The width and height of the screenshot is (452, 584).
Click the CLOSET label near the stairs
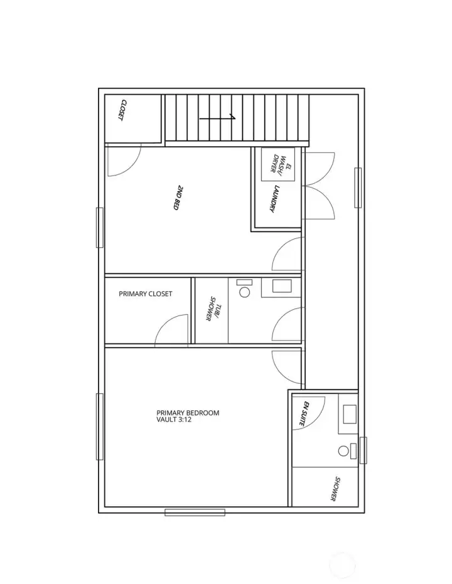point(122,110)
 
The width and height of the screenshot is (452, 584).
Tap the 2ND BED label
point(178,198)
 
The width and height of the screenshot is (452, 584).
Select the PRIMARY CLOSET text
point(145,294)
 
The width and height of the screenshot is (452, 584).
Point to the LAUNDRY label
point(274,198)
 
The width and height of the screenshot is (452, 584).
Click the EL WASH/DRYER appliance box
point(278,164)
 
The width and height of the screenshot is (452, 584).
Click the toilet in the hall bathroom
point(244,289)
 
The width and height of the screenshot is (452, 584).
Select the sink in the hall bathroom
point(282,286)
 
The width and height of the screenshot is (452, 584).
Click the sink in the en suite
point(349,415)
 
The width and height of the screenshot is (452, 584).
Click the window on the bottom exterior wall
point(195,512)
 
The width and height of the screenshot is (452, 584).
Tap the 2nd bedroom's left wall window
point(100,228)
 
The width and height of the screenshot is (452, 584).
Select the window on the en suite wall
point(363,450)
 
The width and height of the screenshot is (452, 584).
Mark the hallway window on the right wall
point(358,188)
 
